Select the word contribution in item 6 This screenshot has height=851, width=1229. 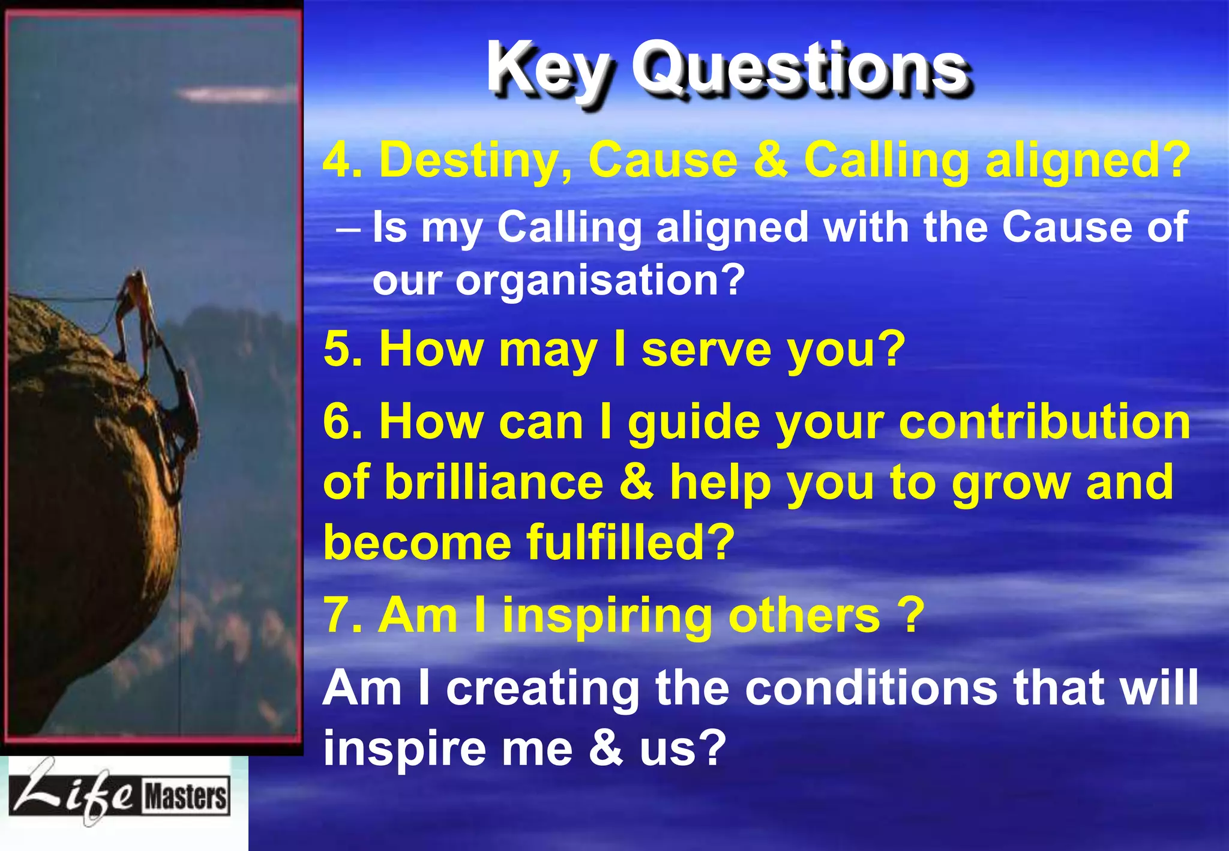tap(1044, 422)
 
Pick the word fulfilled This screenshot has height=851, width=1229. tap(630, 542)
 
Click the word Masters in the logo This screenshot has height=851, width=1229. tap(185, 797)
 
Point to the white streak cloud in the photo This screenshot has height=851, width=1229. tap(234, 94)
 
